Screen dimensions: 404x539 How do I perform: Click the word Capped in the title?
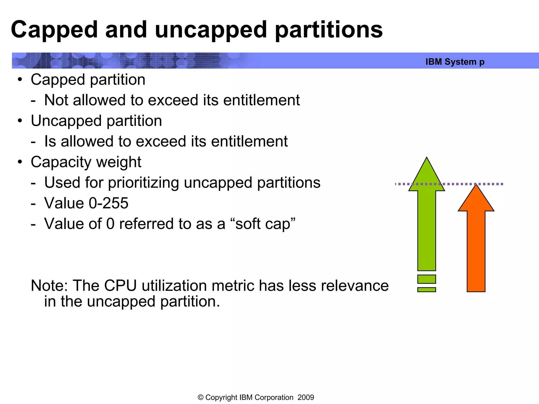(x=54, y=30)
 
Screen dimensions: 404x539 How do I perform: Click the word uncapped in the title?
(x=211, y=30)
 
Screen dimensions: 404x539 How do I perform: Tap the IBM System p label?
(x=455, y=62)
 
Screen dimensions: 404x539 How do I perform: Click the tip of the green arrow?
(x=427, y=158)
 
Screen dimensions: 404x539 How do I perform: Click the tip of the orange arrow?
(x=476, y=186)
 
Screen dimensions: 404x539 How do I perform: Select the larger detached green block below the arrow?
(x=427, y=279)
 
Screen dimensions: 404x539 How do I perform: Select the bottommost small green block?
(x=427, y=290)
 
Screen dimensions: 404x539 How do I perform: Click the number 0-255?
(x=108, y=203)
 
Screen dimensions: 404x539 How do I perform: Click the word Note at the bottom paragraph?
(x=49, y=286)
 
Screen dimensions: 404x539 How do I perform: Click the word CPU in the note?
(x=120, y=286)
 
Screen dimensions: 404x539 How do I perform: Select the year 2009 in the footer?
(x=306, y=397)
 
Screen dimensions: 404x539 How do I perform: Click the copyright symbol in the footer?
(x=201, y=397)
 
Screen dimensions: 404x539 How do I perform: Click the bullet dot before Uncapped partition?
(x=20, y=121)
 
